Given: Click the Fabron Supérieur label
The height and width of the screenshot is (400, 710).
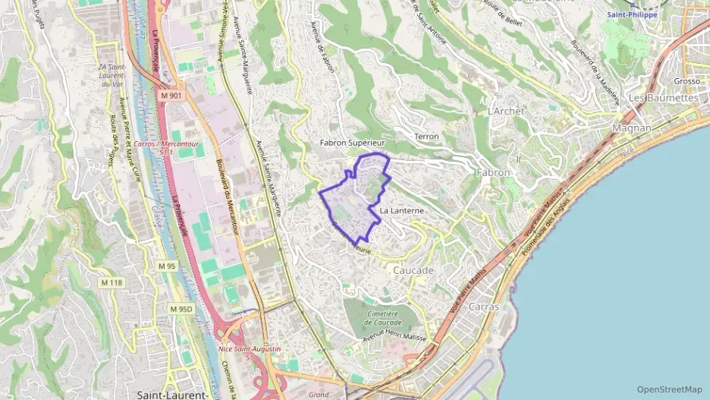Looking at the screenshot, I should (353, 142).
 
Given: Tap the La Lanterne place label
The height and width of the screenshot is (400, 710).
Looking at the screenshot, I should (401, 209).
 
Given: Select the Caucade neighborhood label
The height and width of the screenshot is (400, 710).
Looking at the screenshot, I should (413, 270).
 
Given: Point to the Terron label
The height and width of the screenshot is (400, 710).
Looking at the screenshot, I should (427, 137).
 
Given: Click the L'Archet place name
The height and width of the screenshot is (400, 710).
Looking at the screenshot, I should (507, 111).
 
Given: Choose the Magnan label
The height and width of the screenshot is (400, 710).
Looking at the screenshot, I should (632, 128).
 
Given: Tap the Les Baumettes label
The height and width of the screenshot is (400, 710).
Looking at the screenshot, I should (663, 98).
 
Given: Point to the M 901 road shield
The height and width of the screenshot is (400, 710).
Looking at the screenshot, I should (171, 96).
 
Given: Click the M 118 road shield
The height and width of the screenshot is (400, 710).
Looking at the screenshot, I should (111, 283).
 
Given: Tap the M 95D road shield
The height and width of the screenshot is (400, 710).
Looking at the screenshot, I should (181, 309).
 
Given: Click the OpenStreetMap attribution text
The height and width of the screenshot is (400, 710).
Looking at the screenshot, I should (669, 389).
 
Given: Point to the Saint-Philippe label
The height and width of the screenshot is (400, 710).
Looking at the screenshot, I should (632, 14).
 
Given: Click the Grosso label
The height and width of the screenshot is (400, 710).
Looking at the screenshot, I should (686, 80).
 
